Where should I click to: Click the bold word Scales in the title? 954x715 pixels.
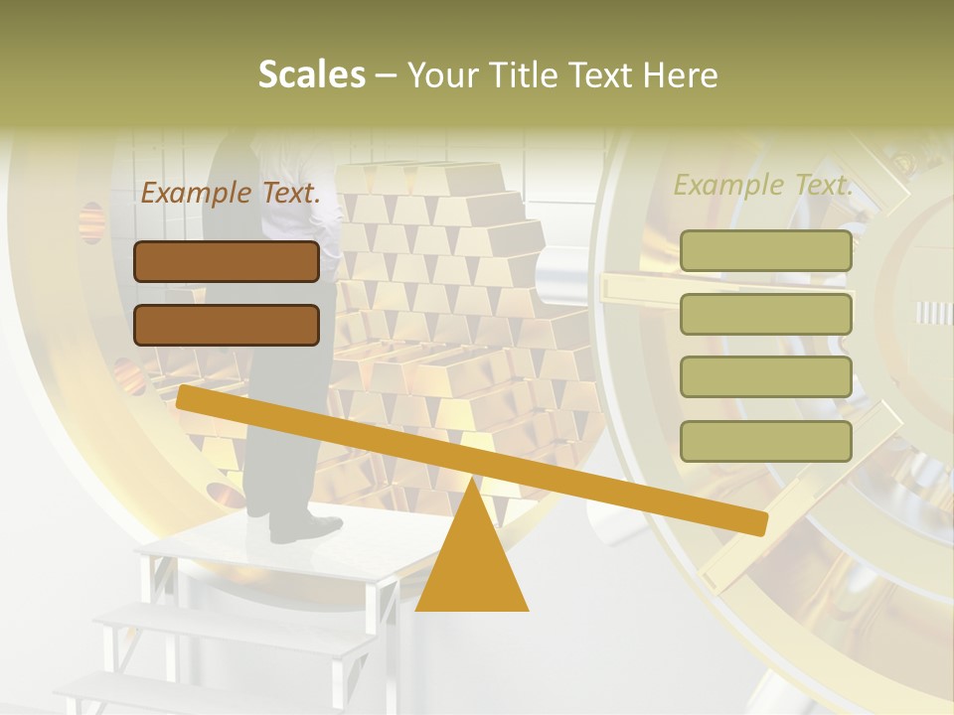[x=312, y=75]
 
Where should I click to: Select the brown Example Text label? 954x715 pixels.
[x=231, y=194]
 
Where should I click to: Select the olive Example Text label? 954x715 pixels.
[x=763, y=185]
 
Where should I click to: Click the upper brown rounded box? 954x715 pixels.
[x=227, y=261]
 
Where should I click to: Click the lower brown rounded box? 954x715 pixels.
[x=227, y=325]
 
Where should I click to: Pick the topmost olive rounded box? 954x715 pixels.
[x=765, y=251]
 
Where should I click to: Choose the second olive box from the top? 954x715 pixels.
[x=765, y=314]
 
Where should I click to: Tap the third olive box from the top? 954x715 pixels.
[x=765, y=376]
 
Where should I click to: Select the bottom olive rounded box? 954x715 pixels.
[x=765, y=441]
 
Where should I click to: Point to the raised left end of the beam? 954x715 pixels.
[x=189, y=397]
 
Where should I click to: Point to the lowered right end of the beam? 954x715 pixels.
[x=755, y=523]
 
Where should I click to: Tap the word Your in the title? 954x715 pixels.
[x=444, y=75]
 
